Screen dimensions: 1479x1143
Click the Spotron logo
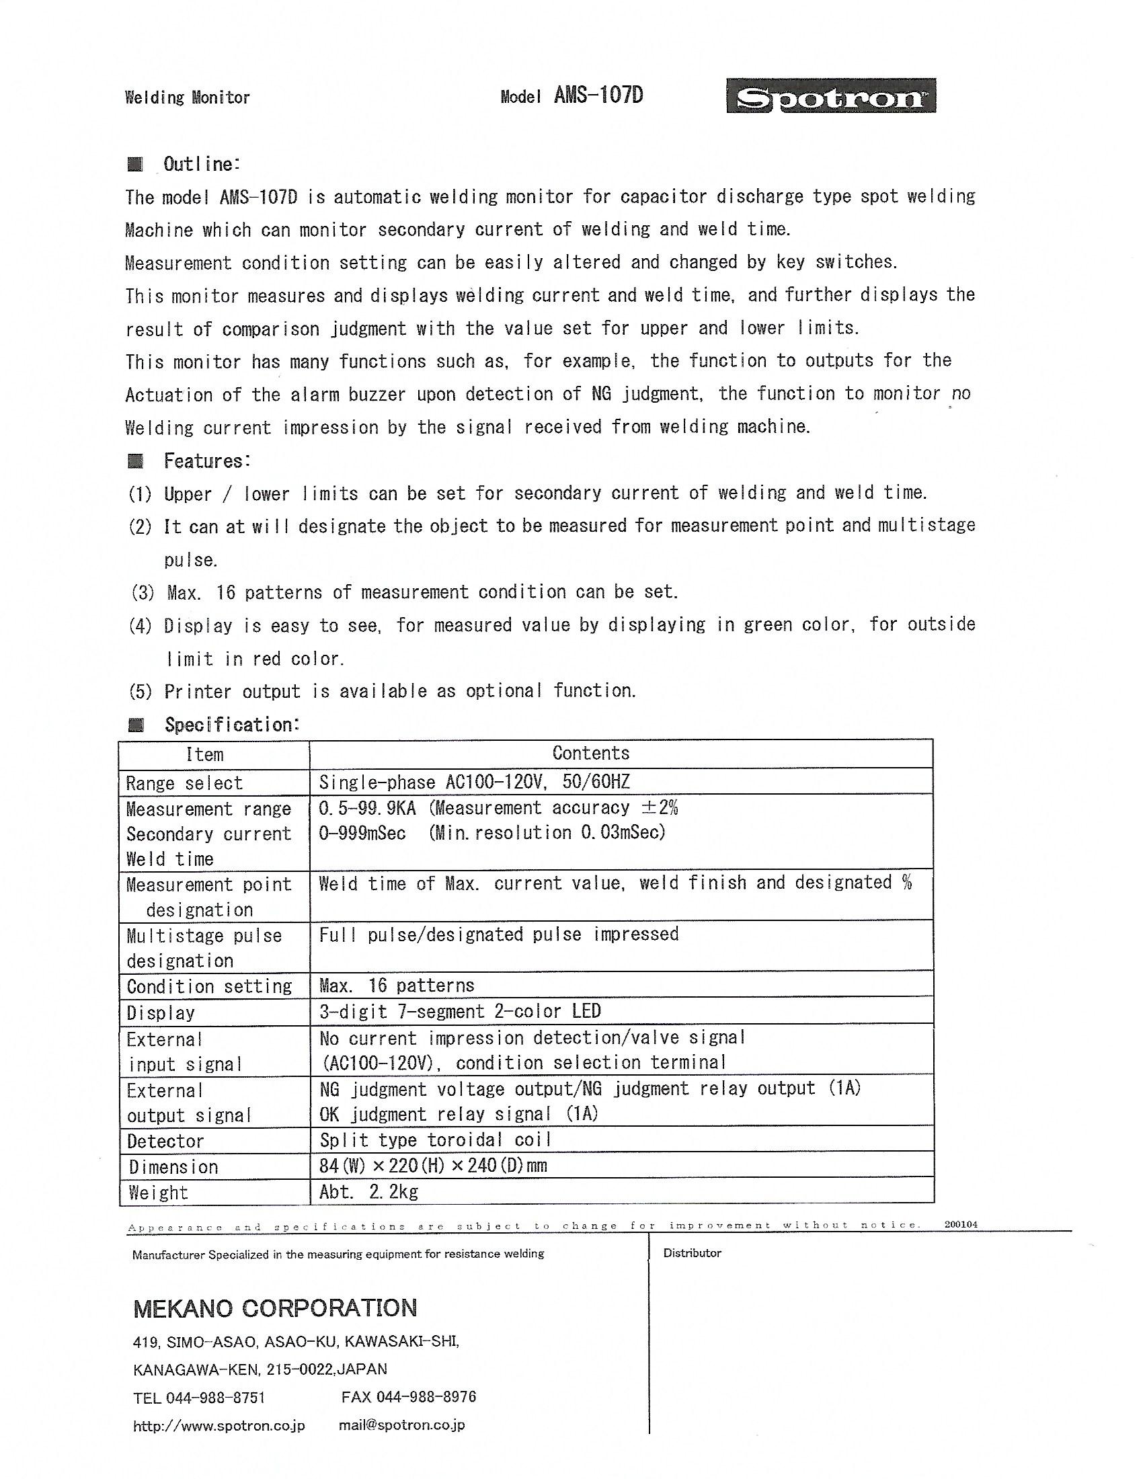pos(831,96)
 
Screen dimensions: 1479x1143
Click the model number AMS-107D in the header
pos(598,95)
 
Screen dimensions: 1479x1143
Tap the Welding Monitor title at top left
pos(187,97)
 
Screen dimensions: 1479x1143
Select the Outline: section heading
pos(201,164)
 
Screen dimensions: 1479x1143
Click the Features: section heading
pos(207,461)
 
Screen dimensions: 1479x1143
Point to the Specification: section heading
pos(231,725)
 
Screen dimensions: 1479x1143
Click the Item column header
pos(204,754)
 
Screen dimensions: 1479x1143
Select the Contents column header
pos(590,753)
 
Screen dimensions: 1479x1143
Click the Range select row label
pos(184,783)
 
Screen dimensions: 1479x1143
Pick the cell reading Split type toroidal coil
pos(436,1140)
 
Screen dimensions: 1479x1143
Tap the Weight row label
pos(157,1193)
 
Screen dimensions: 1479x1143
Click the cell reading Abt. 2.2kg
pos(368,1191)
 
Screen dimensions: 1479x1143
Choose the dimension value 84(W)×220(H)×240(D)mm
pos(433,1166)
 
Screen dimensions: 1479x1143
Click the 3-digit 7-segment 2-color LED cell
pos(460,1011)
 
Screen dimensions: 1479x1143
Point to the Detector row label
pos(165,1141)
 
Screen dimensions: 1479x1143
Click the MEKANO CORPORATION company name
pos(275,1308)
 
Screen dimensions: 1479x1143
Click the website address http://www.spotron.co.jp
pos(219,1425)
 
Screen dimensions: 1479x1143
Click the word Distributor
pos(692,1253)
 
